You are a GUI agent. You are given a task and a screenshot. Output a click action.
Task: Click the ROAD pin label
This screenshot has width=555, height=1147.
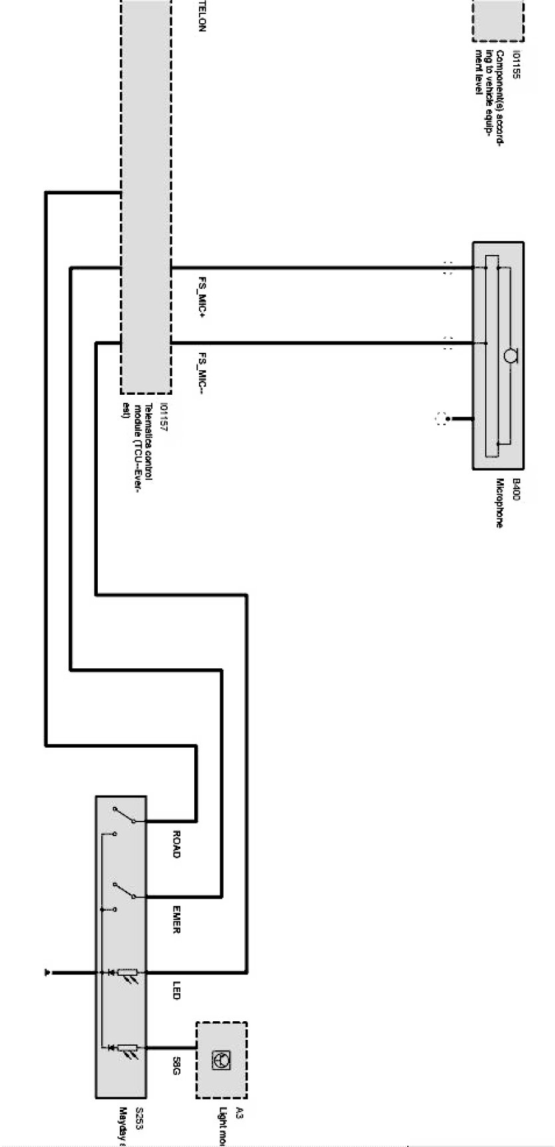[x=176, y=843]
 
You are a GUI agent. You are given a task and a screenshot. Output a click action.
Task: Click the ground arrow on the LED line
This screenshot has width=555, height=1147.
[x=47, y=973]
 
